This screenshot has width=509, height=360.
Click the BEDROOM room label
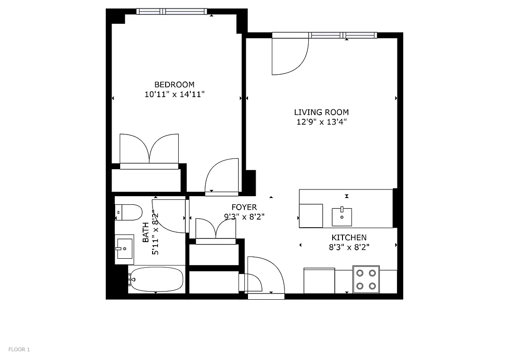point(174,85)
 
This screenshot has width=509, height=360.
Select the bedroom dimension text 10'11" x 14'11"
point(175,94)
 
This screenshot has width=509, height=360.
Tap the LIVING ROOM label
point(321,112)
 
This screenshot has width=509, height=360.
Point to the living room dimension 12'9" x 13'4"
point(321,122)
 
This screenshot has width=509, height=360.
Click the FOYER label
point(244,207)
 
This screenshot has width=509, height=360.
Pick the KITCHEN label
point(349,238)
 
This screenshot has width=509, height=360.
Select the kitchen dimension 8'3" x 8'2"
point(349,247)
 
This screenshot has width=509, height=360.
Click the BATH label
point(146,233)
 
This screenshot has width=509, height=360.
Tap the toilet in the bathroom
point(129,212)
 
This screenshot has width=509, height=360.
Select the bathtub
point(156,279)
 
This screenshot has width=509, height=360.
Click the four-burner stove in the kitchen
point(366,279)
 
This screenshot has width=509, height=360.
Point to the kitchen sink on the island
point(342,216)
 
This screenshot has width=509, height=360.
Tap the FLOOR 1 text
point(19,349)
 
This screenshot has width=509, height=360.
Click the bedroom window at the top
point(171,11)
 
